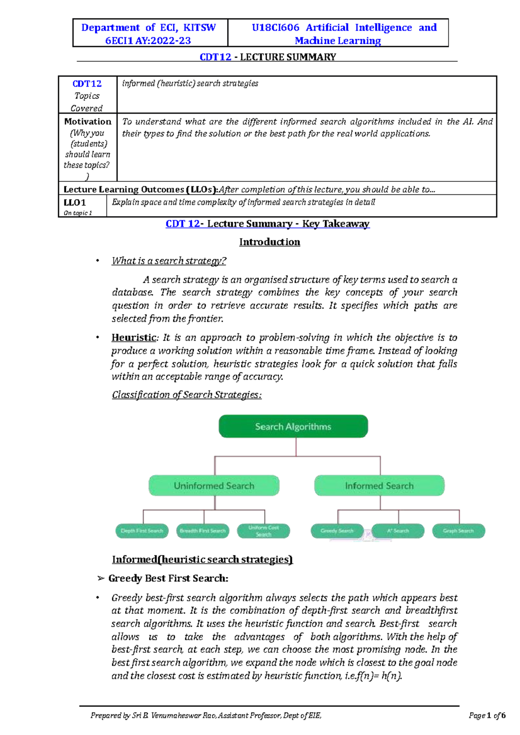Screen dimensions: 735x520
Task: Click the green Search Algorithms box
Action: click(x=293, y=426)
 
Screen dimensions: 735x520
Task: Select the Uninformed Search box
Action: click(x=214, y=486)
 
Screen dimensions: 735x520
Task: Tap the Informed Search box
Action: click(x=379, y=486)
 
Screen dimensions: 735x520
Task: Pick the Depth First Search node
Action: click(x=142, y=531)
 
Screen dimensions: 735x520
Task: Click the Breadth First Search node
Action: click(x=203, y=531)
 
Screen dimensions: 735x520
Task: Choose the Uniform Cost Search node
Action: click(x=263, y=531)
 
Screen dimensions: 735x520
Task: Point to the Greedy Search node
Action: click(x=337, y=531)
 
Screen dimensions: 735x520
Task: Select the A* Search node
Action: click(x=398, y=531)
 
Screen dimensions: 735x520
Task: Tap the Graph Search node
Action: click(x=458, y=531)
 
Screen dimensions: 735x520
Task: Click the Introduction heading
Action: click(x=270, y=242)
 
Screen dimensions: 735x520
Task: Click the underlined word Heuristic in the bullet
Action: click(x=133, y=338)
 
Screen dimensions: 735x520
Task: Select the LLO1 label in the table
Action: click(x=75, y=203)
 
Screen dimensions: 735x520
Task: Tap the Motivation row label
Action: click(x=88, y=122)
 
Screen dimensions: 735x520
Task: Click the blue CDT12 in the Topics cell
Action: click(x=87, y=84)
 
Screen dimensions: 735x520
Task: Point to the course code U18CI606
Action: click(x=276, y=28)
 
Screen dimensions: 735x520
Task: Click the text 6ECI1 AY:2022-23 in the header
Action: click(x=148, y=41)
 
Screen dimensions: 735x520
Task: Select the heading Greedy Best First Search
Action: click(x=168, y=578)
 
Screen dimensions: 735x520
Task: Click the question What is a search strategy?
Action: click(x=169, y=261)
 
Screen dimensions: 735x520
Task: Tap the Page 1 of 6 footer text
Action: click(x=487, y=716)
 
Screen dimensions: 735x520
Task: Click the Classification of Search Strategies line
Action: click(x=187, y=395)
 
